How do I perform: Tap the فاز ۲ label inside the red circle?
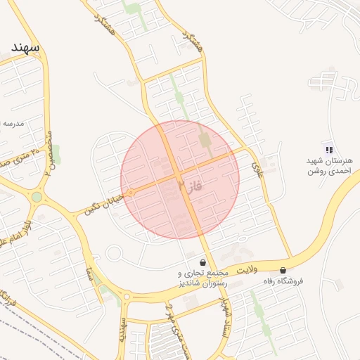tap(191, 186)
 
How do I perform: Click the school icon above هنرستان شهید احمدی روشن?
tap(328, 148)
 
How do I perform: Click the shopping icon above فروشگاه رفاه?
tap(283, 270)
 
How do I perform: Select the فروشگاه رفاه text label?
tap(283, 281)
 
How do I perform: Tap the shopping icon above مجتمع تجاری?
tap(203, 262)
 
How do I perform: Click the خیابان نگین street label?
tap(103, 202)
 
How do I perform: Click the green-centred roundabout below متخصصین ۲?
tap(37, 197)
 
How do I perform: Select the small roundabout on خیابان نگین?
tap(130, 192)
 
